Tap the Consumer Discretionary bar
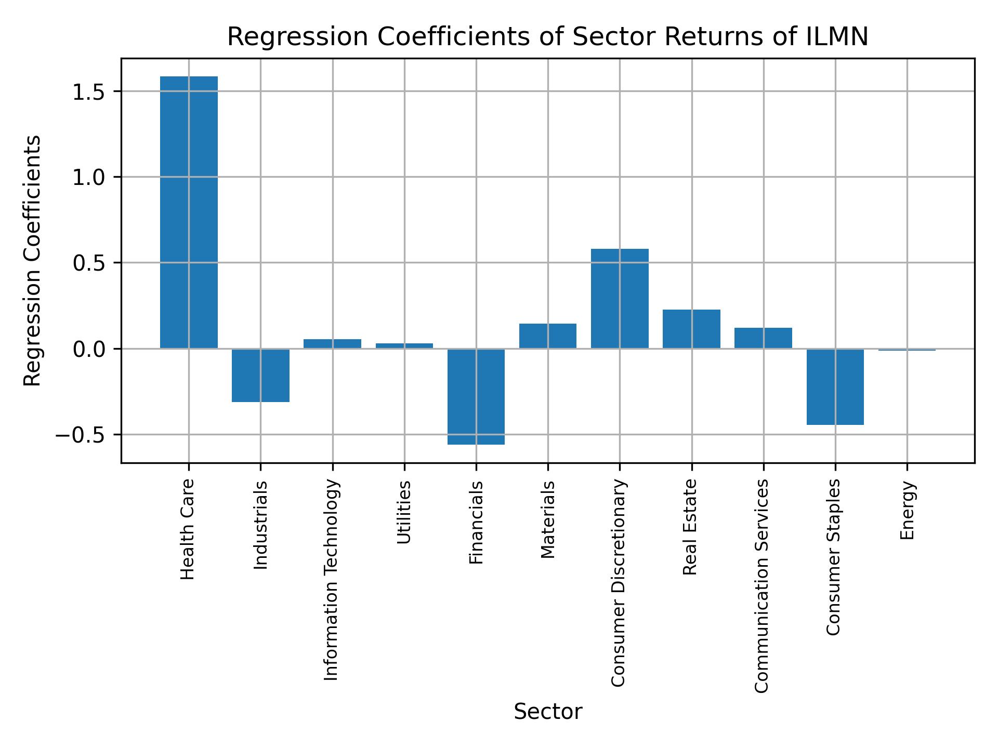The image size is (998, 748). pos(620,299)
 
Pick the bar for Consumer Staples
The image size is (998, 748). pos(835,386)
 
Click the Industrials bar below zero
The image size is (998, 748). pos(260,375)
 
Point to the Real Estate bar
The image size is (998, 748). pos(691,329)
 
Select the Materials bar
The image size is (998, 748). pos(548,336)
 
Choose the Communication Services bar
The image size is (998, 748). pos(763,338)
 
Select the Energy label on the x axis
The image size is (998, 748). pos(907,510)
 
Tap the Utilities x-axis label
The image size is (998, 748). pos(404,512)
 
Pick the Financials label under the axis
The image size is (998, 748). pos(476,523)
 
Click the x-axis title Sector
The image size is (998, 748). pos(548,712)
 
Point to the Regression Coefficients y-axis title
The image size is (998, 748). pos(33,261)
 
